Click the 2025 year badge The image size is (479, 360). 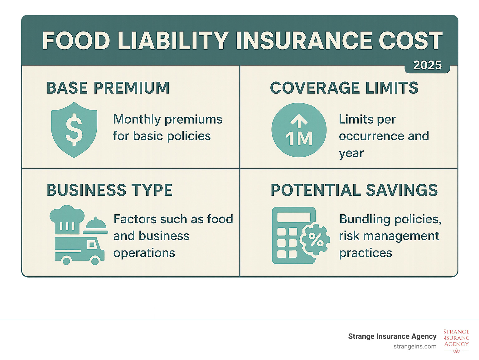(x=427, y=65)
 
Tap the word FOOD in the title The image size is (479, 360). (x=76, y=41)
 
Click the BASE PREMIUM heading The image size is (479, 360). (x=108, y=88)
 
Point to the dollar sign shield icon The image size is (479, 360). (x=74, y=129)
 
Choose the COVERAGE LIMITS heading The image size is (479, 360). (x=344, y=88)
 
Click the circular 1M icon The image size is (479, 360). (x=299, y=130)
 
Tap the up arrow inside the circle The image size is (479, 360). (x=299, y=121)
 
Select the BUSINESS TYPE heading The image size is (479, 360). (x=109, y=190)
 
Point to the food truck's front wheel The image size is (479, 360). (x=94, y=260)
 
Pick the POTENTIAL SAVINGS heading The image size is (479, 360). (x=354, y=190)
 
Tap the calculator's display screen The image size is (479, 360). (x=294, y=217)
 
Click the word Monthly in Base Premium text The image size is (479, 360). (x=137, y=119)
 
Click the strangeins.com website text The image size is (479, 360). (x=415, y=346)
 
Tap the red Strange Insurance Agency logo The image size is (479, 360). (x=456, y=340)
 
